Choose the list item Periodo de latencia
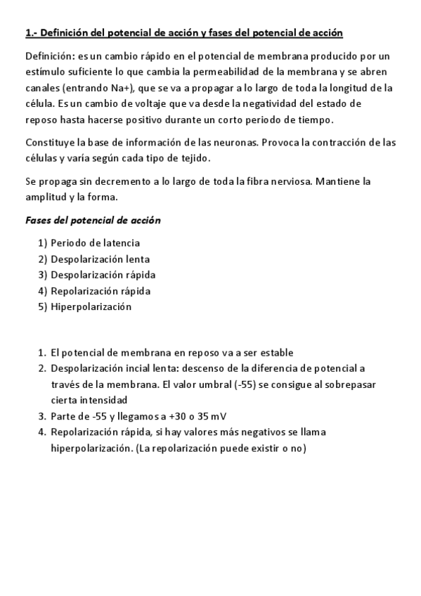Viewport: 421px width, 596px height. point(95,243)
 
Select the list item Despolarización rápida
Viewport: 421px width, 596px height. point(103,274)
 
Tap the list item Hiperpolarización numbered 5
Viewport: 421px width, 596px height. point(91,306)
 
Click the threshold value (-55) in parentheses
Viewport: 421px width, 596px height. point(242,384)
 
